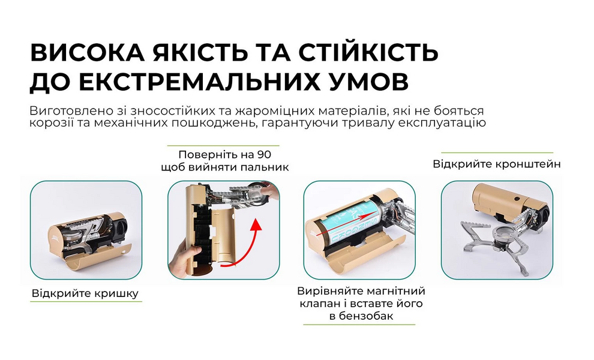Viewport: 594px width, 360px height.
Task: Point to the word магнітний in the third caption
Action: pyautogui.click(x=383, y=291)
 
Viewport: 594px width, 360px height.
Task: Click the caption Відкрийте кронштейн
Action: pyautogui.click(x=497, y=163)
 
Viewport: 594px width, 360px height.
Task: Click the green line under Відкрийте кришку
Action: pyautogui.click(x=86, y=301)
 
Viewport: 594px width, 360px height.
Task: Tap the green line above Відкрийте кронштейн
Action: pyautogui.click(x=497, y=152)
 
